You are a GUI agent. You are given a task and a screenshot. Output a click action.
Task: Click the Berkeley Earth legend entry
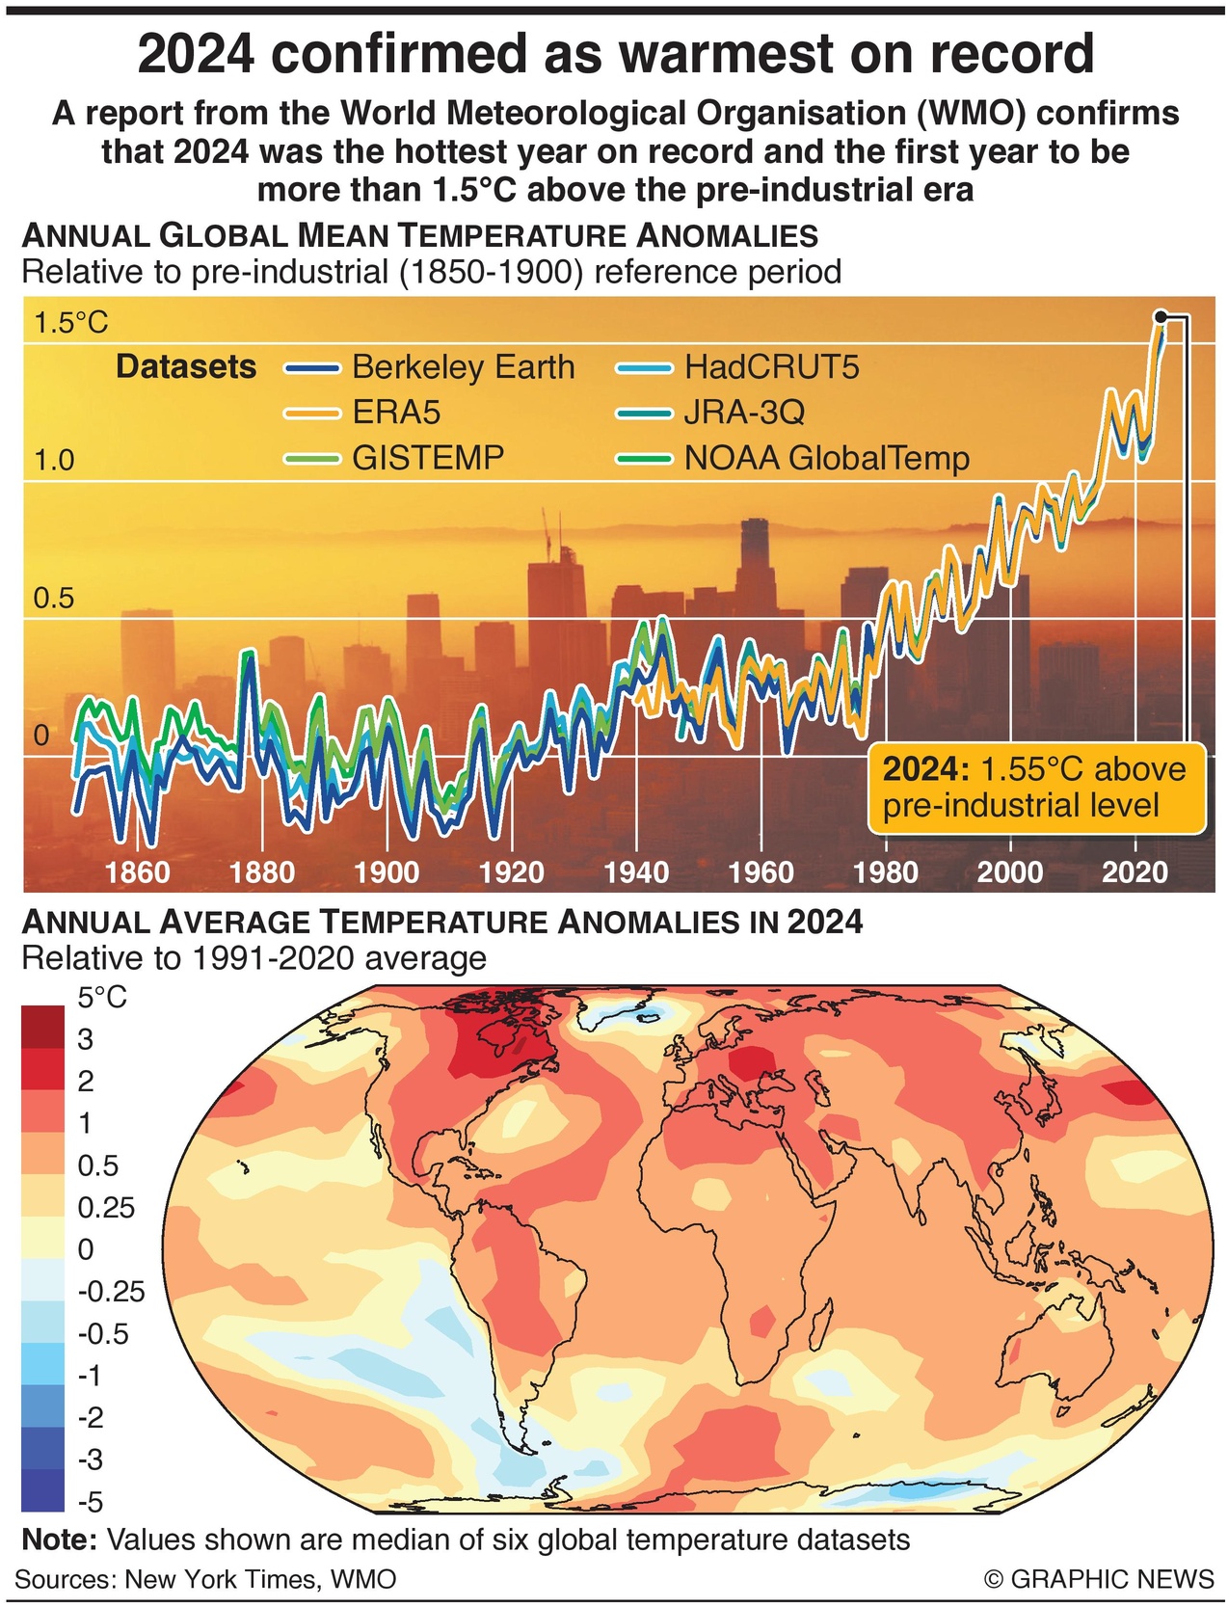coord(463,367)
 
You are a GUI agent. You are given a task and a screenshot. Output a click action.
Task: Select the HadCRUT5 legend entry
coord(770,367)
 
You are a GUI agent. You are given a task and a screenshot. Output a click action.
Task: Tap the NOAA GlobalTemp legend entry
coord(825,458)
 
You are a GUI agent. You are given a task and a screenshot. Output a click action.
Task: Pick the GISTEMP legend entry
coord(427,457)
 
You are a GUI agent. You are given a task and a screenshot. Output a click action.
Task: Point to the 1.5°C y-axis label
coord(71,322)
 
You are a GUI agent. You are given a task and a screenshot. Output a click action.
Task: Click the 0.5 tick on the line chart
coord(54,599)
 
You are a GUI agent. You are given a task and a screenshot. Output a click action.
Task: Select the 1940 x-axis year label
coord(636,872)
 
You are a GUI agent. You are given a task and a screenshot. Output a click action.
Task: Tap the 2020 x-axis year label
coord(1135,872)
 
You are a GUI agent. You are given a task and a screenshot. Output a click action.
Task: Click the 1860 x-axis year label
coord(137,872)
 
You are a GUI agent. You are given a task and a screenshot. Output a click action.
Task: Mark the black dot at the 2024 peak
coord(1161,316)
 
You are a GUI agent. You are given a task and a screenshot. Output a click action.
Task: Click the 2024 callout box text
coord(1034,787)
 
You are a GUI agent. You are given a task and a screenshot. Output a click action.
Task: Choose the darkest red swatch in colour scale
coord(42,1027)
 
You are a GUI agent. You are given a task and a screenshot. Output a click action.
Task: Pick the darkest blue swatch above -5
coord(42,1489)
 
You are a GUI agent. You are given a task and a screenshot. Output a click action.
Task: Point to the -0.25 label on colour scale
coord(110,1292)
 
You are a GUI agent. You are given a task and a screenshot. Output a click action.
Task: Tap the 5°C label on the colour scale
coord(102,997)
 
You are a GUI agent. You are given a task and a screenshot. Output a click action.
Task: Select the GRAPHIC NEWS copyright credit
coord(1099,1579)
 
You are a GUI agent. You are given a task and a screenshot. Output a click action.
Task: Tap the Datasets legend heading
coord(186,367)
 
